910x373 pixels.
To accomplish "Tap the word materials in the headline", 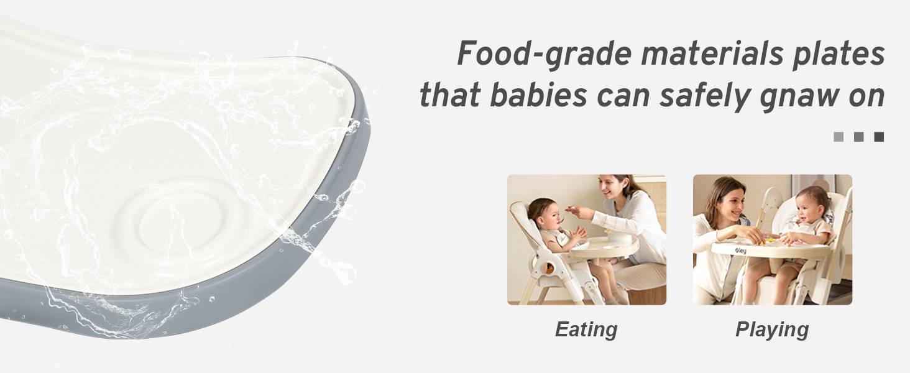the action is pos(712,53).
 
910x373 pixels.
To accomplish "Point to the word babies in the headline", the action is pos(539,96).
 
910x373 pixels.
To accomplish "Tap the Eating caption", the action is pos(586,329).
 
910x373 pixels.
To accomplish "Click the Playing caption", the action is pos(772,329).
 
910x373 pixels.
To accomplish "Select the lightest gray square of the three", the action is pos(838,137).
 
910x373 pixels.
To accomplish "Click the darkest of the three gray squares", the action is pos(879,137).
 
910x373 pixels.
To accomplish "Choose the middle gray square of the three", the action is pos(858,137).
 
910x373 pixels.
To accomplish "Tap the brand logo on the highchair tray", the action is pos(740,251).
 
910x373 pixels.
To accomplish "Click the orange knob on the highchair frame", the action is pos(549,267).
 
